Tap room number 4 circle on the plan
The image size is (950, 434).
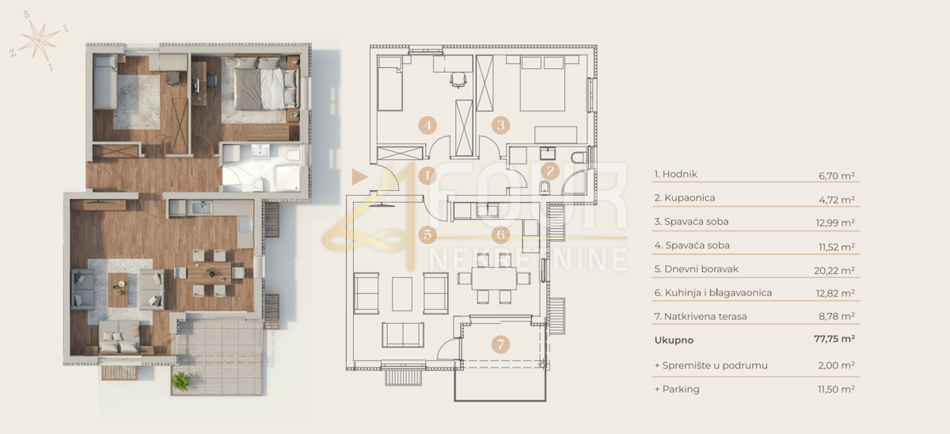point(427,125)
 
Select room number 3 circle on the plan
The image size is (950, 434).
point(499,125)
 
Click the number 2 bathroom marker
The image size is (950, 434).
point(551,169)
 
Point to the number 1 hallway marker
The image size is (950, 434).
point(427,176)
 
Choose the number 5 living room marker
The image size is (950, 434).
point(427,234)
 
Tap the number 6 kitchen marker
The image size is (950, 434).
point(499,234)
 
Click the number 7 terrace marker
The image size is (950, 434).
point(499,345)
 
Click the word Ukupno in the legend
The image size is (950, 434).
point(674,340)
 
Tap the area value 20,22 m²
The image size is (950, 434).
point(836,269)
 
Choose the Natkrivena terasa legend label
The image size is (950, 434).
point(701,317)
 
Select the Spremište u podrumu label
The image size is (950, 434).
point(711,365)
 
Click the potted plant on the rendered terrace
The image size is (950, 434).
point(181,380)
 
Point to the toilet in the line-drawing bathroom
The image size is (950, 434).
point(545,188)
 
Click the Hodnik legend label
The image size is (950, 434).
point(675,174)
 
